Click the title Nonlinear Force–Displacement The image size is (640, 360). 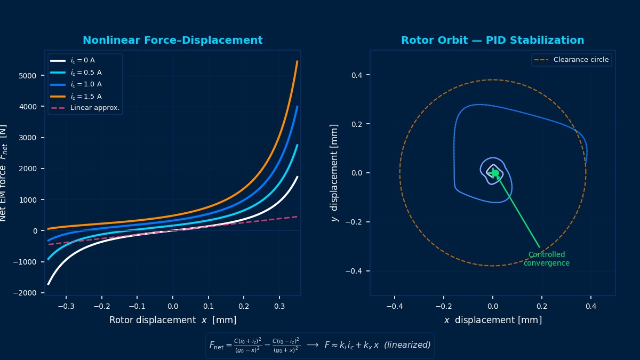click(x=172, y=41)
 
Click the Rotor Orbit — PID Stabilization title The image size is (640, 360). click(x=492, y=41)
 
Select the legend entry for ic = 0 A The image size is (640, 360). click(x=82, y=61)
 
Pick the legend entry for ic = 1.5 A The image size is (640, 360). click(x=85, y=97)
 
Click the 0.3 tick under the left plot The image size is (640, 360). click(x=279, y=307)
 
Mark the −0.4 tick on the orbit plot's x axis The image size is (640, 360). click(x=394, y=307)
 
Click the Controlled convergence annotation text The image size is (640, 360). click(x=546, y=259)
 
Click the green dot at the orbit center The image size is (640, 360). click(x=495, y=173)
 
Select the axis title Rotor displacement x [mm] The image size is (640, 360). click(x=172, y=320)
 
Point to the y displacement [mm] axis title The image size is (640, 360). click(x=334, y=173)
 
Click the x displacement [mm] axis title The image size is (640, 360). click(x=492, y=320)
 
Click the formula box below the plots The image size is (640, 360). click(x=319, y=345)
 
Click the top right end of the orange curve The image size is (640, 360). click(x=297, y=61)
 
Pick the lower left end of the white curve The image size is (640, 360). click(x=49, y=284)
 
